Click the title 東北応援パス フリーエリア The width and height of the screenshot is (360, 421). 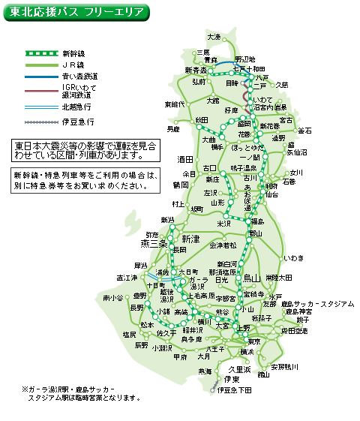75,13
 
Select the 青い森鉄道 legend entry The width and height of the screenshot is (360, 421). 79,76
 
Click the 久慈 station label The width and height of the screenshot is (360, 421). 282,85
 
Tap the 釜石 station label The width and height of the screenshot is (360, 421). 304,131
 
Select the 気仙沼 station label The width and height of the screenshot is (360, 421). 297,152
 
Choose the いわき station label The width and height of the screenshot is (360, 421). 293,258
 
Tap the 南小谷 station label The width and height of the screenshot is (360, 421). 112,298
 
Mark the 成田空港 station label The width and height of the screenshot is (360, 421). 294,330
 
